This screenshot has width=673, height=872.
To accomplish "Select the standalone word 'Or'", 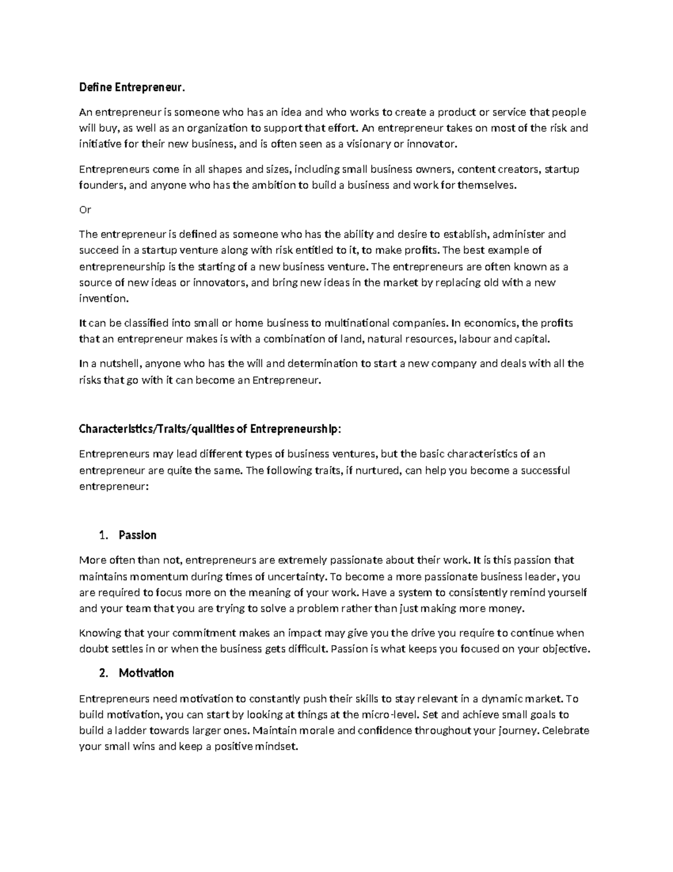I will [x=85, y=210].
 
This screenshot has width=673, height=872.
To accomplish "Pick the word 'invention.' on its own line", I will [x=104, y=299].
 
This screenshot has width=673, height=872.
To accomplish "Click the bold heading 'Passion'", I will [x=137, y=535].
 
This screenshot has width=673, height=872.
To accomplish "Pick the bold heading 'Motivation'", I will [x=146, y=673].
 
